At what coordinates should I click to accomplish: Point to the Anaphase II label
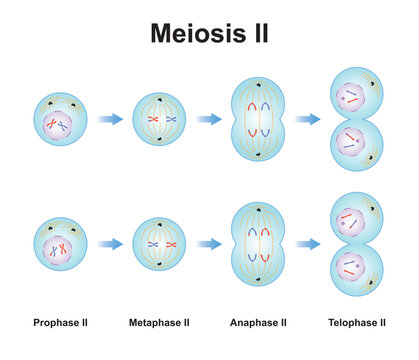pos(258,323)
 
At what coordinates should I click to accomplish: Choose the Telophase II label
pos(357,323)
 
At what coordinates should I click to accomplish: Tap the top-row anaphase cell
pos(258,120)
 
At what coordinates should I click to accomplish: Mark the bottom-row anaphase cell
pos(258,243)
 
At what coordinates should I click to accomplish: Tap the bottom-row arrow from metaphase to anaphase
pos(209,243)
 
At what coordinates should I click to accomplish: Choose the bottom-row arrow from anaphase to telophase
pos(307,243)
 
